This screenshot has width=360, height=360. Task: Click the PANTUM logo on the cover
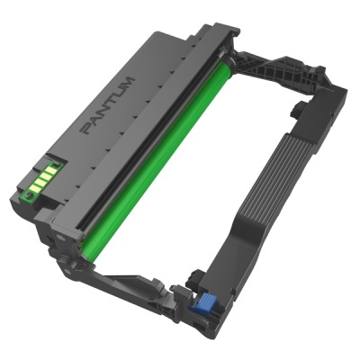107,106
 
